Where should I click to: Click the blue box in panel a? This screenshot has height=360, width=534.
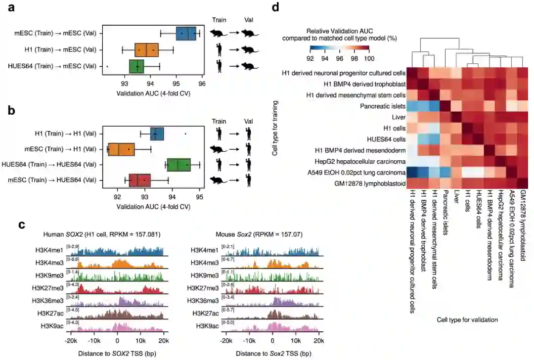click(186, 33)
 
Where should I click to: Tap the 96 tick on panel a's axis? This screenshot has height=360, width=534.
click(201, 84)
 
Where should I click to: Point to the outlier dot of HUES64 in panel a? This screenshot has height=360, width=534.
click(107, 66)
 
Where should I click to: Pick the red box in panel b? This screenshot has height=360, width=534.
click(140, 180)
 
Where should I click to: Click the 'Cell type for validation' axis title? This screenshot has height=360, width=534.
click(467, 320)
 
